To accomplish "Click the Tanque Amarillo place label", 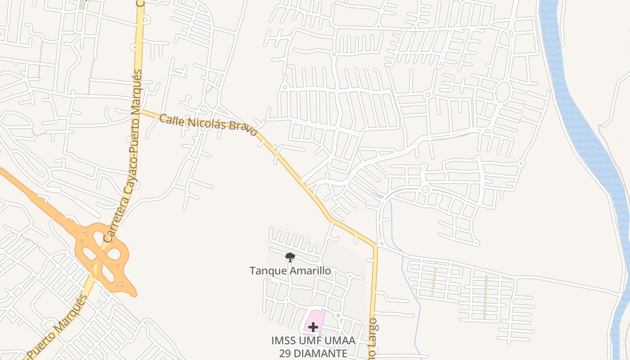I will [290, 270].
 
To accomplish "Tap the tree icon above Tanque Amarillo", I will [290, 257].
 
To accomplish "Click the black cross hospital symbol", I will [313, 327].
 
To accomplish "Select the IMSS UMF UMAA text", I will [313, 341].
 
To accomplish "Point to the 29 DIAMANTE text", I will [313, 353].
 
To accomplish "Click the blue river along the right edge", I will [585, 135].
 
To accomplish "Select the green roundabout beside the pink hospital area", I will [338, 315].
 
